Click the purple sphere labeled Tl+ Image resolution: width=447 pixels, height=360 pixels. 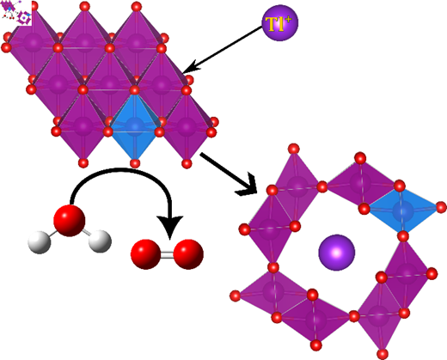280,23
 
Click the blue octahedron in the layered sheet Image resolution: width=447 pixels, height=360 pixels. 135,126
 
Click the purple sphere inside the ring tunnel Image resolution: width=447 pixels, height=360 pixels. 337,253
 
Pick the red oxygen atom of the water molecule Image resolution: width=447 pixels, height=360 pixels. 70,221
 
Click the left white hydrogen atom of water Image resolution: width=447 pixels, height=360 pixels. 40,242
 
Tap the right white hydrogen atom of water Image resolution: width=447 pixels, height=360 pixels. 100,241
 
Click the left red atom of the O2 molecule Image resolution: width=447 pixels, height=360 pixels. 145,254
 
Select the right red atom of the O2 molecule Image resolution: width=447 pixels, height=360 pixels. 188,254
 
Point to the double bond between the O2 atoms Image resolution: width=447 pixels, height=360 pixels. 167,254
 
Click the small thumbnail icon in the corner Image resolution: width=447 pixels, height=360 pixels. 16,13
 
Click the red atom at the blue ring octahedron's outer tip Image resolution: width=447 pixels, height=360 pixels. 441,207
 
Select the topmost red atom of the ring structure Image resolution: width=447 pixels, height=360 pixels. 294,149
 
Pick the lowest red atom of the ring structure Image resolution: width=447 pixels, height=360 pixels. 383,354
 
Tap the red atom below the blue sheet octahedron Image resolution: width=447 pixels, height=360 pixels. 135,163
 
